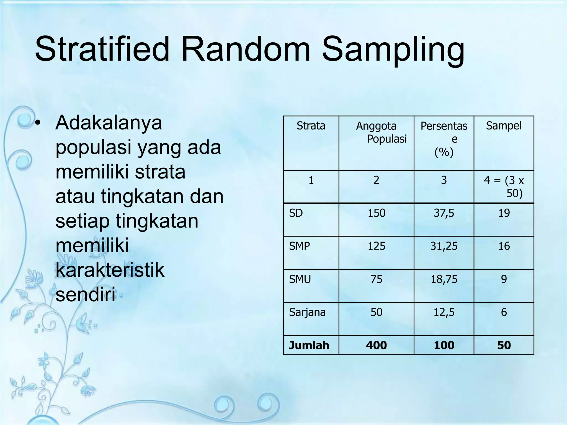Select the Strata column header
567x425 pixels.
click(311, 126)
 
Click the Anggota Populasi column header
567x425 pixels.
click(381, 132)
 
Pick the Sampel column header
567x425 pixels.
click(504, 126)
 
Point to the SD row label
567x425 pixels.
click(296, 213)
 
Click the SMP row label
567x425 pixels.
click(299, 246)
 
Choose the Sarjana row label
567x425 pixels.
click(307, 312)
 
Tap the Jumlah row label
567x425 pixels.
click(309, 345)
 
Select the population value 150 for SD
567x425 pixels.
click(376, 213)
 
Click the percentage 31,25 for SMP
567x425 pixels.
click(444, 246)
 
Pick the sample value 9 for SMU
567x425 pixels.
click(504, 279)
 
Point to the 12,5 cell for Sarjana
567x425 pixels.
click(444, 312)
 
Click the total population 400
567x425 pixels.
click(376, 345)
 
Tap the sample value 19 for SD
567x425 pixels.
click(504, 213)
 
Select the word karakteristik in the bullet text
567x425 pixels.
click(110, 270)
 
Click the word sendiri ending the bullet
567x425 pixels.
click(85, 295)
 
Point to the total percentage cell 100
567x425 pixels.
click(444, 345)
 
